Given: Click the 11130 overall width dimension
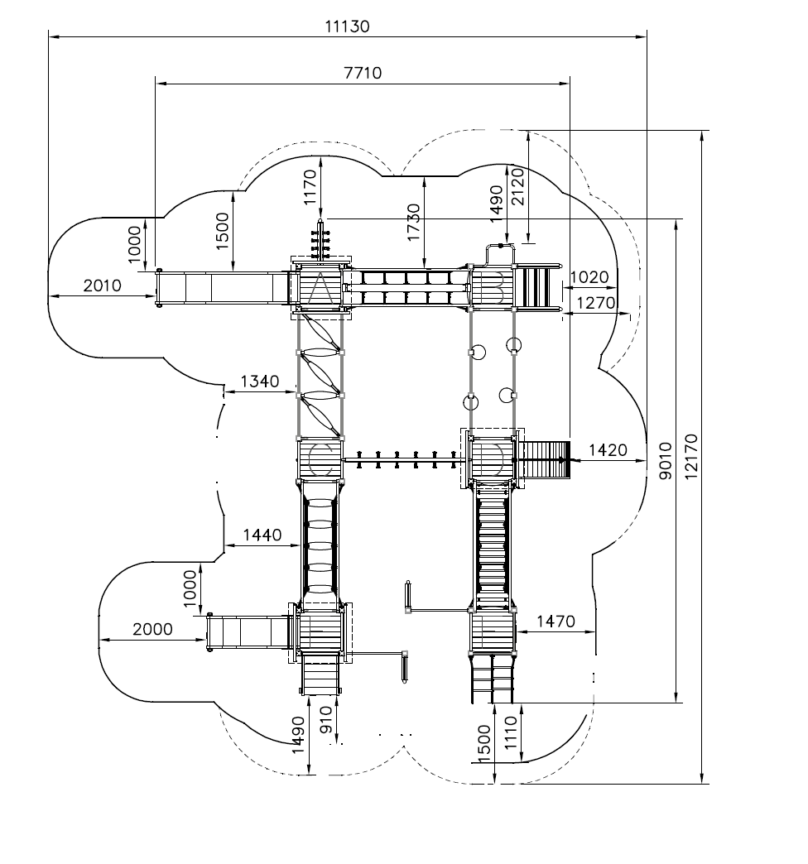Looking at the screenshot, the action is point(347,26).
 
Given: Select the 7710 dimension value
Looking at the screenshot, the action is point(363,73).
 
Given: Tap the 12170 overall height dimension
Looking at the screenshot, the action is point(691,457).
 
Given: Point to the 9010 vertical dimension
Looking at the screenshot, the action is point(666,461).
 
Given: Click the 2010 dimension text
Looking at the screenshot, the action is point(103,286).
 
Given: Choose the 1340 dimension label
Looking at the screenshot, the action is point(260,382).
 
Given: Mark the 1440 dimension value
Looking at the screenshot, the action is point(262,535).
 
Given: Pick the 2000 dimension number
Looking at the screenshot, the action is point(152,629).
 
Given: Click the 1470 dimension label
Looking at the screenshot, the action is point(555,622).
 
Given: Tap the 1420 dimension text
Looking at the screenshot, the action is point(608,450).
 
